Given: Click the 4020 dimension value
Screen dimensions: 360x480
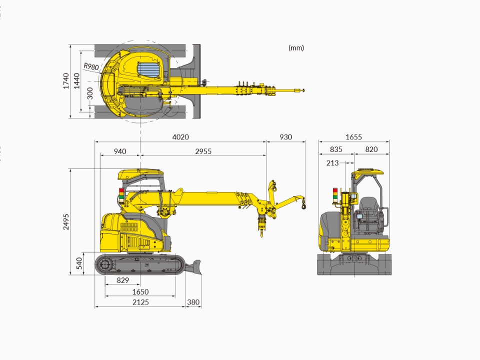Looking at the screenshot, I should [x=180, y=137].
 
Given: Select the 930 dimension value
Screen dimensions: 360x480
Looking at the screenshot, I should [x=285, y=137].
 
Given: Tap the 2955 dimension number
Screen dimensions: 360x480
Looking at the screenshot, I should [x=203, y=151].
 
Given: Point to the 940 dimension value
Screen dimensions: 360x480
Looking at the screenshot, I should [x=119, y=151].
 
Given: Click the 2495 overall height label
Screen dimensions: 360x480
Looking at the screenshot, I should [x=66, y=222].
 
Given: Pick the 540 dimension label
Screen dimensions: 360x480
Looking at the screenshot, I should [x=79, y=263].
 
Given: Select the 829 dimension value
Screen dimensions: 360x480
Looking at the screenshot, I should [x=122, y=280].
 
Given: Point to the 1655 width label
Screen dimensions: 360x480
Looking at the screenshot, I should [x=353, y=137].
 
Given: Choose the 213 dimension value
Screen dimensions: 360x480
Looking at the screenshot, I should [x=332, y=162].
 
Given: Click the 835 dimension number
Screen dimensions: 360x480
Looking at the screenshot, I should [x=336, y=149].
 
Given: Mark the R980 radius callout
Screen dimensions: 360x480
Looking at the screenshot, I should [x=91, y=66].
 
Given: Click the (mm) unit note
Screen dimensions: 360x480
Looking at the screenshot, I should [x=296, y=48].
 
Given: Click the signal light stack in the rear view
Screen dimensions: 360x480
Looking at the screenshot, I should [x=335, y=194].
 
